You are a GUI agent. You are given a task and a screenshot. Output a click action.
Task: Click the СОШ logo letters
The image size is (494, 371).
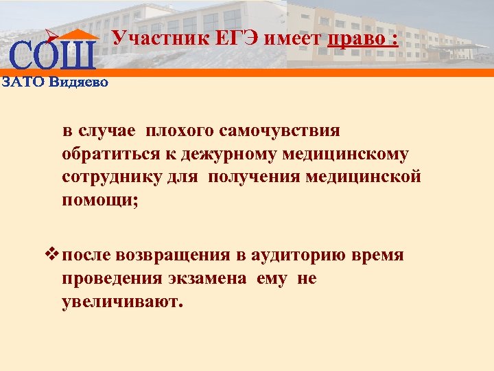[x=52, y=56]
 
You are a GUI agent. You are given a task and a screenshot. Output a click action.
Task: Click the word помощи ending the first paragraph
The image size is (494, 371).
[x=97, y=201]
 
